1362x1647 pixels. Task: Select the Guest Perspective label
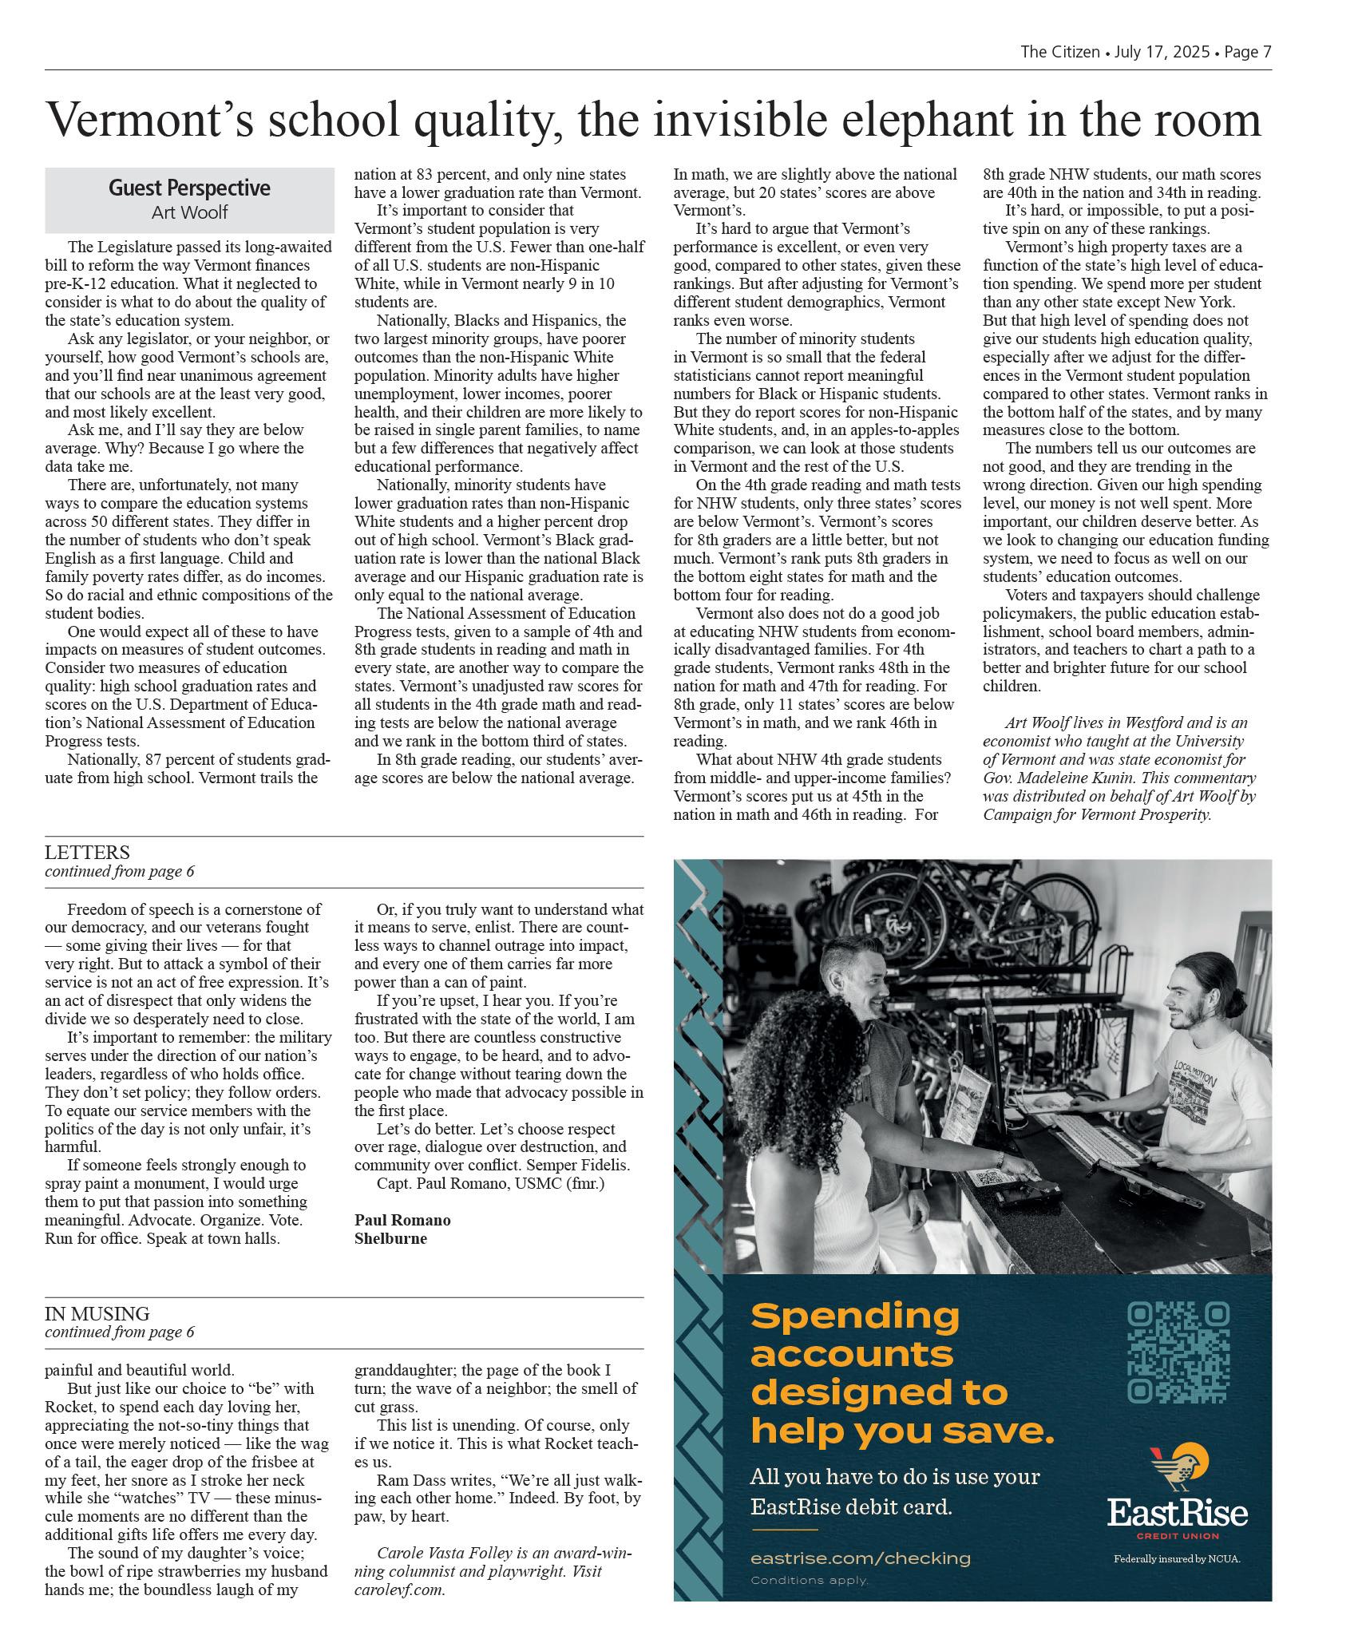pos(189,188)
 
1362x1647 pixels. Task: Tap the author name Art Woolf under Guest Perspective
pos(189,212)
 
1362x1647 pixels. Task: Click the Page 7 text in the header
pos(1248,52)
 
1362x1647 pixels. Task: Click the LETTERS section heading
pos(87,853)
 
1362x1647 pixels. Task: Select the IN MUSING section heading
pos(97,1313)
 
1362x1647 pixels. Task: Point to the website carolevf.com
pos(399,1590)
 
